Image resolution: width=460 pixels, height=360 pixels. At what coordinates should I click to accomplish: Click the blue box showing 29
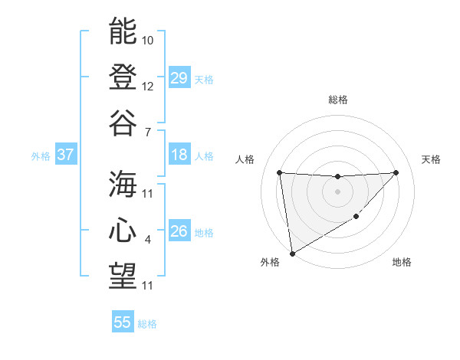click(x=179, y=78)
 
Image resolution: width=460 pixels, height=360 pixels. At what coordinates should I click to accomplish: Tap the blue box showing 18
click(x=179, y=155)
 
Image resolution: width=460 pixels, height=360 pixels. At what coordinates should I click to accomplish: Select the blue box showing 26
click(x=179, y=231)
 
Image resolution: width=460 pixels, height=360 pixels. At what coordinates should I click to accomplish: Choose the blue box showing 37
click(x=66, y=155)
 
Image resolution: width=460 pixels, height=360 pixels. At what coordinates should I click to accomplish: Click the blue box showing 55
click(x=123, y=322)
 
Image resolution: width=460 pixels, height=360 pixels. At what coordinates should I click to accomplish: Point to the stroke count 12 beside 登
click(x=148, y=87)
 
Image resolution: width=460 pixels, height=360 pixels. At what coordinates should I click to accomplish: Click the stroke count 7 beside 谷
click(x=148, y=133)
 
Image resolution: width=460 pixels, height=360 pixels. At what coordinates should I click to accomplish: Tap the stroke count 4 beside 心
click(x=148, y=240)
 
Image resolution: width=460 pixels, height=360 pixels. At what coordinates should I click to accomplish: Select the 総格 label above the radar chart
click(x=337, y=100)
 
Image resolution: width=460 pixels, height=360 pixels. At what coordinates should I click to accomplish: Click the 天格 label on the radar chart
click(x=432, y=159)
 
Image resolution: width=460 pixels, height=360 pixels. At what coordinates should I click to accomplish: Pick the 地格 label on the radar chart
click(x=402, y=263)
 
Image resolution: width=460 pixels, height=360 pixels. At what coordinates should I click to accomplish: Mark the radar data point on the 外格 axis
click(x=291, y=254)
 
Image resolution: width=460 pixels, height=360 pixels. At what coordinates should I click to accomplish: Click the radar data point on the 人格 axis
click(x=279, y=172)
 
